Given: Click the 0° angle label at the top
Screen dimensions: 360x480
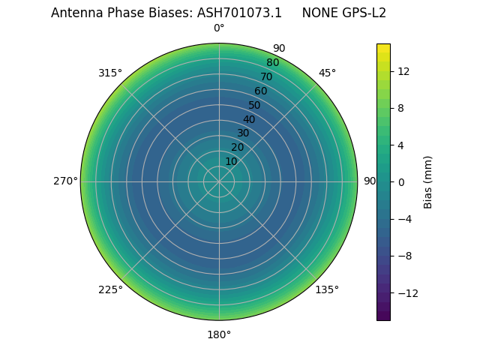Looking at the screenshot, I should [x=219, y=28].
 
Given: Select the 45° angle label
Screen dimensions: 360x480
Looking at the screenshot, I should [x=327, y=73].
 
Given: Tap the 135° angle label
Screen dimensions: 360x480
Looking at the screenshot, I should [x=327, y=289].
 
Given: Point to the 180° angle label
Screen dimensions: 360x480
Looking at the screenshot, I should [x=219, y=334].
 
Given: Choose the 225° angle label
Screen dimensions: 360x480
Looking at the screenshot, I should [x=110, y=289].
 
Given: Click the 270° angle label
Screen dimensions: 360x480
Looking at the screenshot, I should [x=65, y=181].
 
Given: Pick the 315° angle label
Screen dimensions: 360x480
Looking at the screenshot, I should [x=110, y=73].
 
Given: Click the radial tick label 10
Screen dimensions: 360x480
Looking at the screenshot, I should [x=231, y=161].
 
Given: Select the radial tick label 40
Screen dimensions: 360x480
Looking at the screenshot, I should [x=249, y=119].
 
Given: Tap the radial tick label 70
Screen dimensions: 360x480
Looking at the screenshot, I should [x=266, y=76].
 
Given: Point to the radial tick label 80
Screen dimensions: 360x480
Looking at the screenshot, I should [x=272, y=63].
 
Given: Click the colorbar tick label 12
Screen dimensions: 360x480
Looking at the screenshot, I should [x=403, y=71].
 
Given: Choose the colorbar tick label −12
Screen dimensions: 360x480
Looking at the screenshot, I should [x=406, y=292].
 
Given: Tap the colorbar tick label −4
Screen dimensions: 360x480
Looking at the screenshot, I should [x=403, y=219].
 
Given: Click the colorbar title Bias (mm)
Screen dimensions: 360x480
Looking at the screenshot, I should [x=428, y=181].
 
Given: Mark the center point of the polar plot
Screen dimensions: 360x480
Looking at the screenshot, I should [x=219, y=181].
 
